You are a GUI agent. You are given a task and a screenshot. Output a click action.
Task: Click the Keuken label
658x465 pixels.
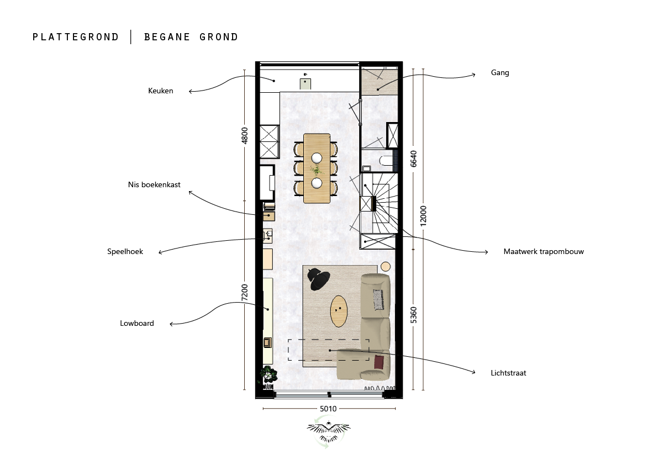tap(160, 91)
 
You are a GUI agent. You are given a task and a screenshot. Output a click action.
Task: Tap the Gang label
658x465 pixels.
tap(500, 72)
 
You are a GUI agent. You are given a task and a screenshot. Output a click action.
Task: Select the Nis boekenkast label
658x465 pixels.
tap(154, 184)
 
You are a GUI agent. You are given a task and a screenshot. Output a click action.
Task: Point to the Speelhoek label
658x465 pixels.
tap(125, 252)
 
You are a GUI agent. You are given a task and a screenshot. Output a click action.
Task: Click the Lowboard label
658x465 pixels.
tap(137, 323)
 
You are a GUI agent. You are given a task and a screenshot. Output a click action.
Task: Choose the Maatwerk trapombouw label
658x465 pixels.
tap(544, 252)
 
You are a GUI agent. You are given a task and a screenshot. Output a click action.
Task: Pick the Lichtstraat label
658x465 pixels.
tap(508, 373)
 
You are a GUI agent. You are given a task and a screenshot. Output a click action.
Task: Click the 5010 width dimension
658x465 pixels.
tap(328, 409)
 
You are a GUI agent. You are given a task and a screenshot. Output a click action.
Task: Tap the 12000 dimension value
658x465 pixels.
tap(423, 216)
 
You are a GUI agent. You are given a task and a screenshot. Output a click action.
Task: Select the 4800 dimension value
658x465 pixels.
tap(245, 135)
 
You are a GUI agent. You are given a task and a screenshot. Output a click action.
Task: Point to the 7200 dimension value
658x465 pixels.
tap(245, 292)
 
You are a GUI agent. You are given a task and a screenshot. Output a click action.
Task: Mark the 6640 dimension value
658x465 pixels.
tap(413, 159)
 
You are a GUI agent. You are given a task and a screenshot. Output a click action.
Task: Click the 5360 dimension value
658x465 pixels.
tap(413, 315)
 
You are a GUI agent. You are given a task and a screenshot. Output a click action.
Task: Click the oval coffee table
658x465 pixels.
tap(339, 311)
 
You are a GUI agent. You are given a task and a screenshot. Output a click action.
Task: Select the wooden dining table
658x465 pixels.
tap(317, 168)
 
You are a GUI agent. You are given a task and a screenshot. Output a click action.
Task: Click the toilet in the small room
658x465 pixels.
tap(386, 161)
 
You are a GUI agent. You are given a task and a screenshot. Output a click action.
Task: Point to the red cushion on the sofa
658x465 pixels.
tap(379, 362)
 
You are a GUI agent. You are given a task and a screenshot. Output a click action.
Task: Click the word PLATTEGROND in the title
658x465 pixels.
tap(76, 38)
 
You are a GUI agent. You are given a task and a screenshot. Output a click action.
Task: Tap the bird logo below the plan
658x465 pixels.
tap(329, 431)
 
